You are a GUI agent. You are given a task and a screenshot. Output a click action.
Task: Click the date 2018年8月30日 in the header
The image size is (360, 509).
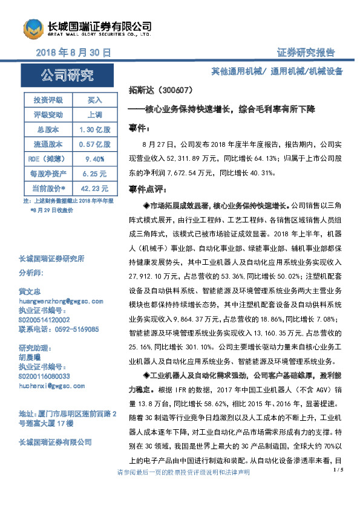click(x=73, y=53)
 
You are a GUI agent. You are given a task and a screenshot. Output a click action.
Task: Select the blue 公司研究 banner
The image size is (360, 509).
click(x=67, y=76)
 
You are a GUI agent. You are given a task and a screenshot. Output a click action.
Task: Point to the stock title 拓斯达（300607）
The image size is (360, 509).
click(x=161, y=90)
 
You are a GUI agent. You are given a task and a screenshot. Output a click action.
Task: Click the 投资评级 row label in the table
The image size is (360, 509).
click(x=48, y=99)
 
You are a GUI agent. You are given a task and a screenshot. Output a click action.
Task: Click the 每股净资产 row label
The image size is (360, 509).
click(x=48, y=173)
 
